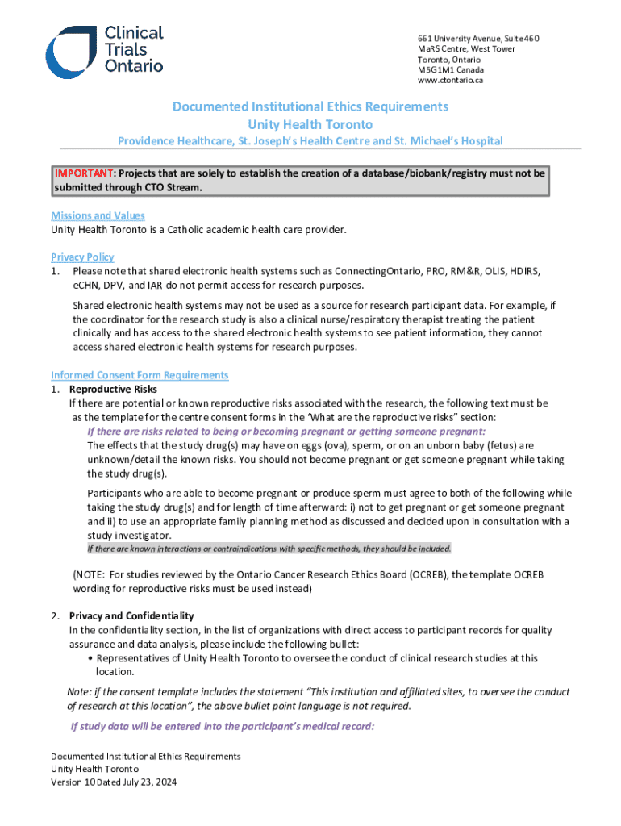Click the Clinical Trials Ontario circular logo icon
(x=70, y=52)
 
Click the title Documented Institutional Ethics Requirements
(x=310, y=106)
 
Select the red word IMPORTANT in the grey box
(x=84, y=173)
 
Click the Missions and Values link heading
(x=98, y=215)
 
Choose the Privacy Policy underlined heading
(x=82, y=257)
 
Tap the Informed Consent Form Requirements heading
(x=140, y=375)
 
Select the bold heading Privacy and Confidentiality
(x=131, y=616)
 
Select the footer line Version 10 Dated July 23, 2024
(x=114, y=782)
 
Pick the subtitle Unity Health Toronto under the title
(x=310, y=124)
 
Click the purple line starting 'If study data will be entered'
(x=222, y=726)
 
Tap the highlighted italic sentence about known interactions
(x=269, y=549)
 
